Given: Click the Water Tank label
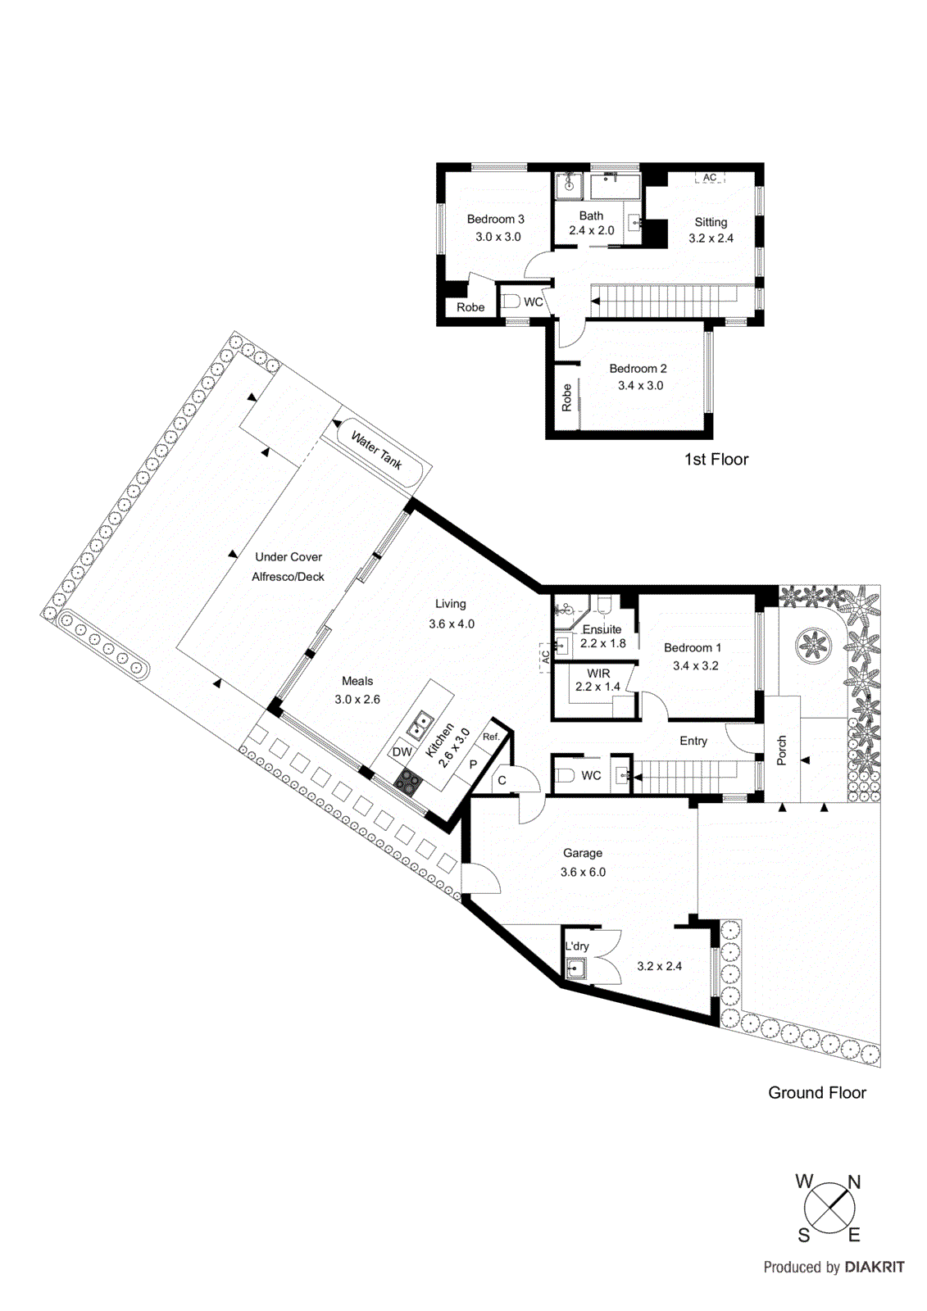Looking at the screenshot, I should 376,451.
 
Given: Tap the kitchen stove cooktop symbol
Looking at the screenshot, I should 407,781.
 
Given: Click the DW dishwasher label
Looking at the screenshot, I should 402,752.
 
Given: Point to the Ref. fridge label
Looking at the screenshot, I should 491,737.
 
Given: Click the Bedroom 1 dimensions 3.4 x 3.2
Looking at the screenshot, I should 695,666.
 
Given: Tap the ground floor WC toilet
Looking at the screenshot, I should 566,775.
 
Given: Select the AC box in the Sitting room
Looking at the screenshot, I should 710,177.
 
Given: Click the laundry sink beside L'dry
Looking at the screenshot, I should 576,969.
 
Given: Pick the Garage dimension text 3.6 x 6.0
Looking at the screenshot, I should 583,873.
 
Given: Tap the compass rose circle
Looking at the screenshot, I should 829,1207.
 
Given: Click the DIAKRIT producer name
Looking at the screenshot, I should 875,1268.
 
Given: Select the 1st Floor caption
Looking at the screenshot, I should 716,460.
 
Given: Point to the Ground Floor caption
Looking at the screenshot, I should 816,1093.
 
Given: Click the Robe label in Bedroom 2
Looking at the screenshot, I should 566,397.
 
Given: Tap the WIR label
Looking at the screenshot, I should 598,674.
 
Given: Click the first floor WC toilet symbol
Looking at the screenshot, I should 511,302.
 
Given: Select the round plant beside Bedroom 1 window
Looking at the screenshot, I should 811,644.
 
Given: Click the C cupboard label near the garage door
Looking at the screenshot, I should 502,781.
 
